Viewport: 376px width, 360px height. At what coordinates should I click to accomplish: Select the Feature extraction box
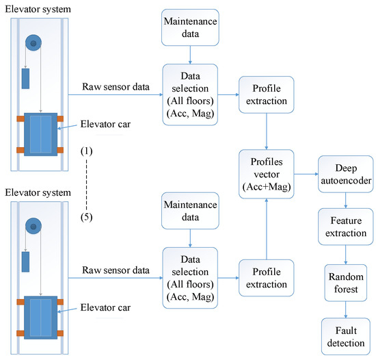[344, 228]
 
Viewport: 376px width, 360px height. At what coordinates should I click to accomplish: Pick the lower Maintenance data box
[189, 211]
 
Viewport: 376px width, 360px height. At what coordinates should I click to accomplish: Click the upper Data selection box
[189, 94]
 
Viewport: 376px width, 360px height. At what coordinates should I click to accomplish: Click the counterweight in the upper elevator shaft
[25, 78]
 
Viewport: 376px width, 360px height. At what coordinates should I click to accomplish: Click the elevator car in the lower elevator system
[40, 316]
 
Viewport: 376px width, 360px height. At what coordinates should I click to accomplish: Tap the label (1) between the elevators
[86, 150]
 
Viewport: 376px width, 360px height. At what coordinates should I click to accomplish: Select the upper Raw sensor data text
[113, 87]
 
